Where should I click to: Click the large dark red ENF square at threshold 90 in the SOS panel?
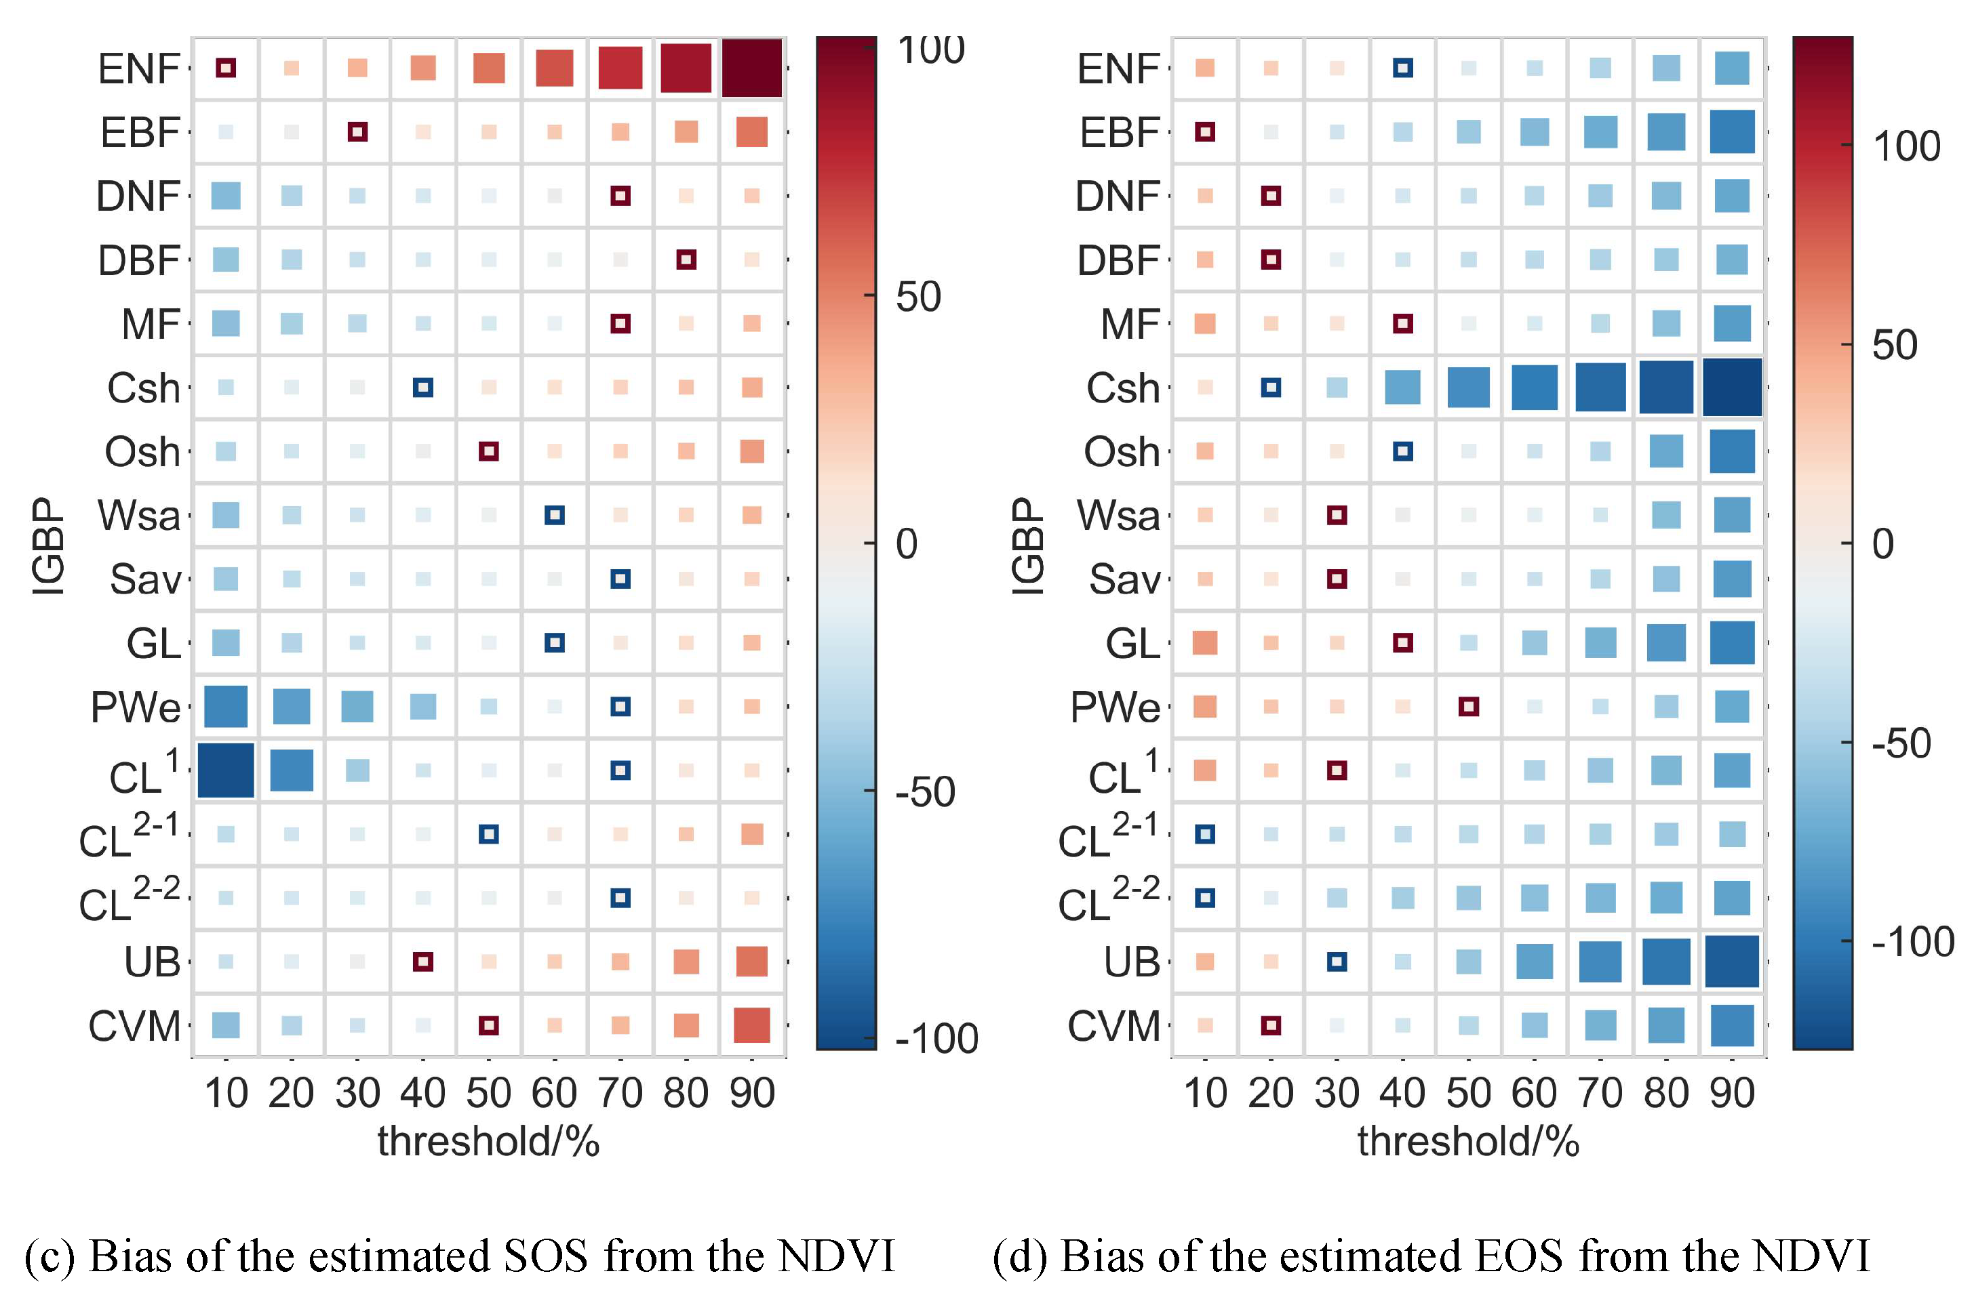pos(751,68)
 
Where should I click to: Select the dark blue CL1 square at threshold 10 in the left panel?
pos(226,770)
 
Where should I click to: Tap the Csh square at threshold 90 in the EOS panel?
pos(1732,387)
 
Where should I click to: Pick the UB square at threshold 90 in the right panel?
pos(1732,962)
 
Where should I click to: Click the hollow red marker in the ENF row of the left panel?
pos(226,68)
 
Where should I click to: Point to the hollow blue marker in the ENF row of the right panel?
pos(1403,68)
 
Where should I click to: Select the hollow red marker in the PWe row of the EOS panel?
pos(1469,706)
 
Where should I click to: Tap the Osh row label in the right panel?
pos(1121,452)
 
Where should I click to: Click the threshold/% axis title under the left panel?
pos(488,1142)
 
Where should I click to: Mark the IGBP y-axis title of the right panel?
pos(1027,546)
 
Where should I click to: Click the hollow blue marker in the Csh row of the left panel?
pos(422,387)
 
